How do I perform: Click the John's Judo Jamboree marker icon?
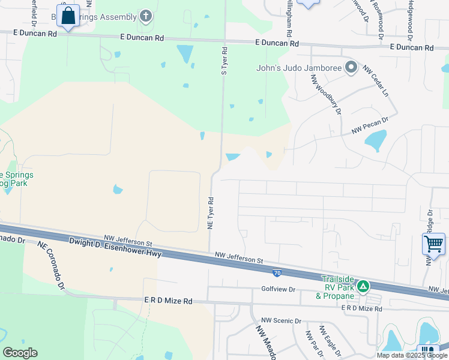click(x=351, y=68)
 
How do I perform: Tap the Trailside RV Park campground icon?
click(x=363, y=287)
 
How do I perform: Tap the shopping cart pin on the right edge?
click(x=433, y=244)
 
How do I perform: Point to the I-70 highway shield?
click(x=277, y=273)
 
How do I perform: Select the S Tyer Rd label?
click(x=224, y=61)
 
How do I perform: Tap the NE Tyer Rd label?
click(x=211, y=213)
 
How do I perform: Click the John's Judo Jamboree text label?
click(x=298, y=68)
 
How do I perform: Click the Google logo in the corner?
click(x=20, y=353)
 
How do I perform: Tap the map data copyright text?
click(x=411, y=355)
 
